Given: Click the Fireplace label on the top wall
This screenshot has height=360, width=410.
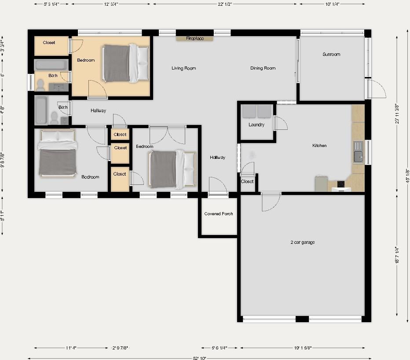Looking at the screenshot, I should pos(195,39).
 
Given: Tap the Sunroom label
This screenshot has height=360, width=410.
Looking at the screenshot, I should pos(331,55).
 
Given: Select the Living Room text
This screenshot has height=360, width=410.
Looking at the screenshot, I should pos(183,68).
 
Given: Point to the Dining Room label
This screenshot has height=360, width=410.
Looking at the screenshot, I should pos(263,68).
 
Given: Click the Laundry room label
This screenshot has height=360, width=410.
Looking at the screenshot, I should pos(256,125).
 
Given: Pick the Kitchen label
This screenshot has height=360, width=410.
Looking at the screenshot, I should pos(319,146).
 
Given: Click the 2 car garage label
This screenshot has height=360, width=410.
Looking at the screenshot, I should pos(302,242).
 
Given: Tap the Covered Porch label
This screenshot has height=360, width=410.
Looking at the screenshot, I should pos(219,214).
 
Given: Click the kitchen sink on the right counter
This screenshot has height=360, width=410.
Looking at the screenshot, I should pos(358,155).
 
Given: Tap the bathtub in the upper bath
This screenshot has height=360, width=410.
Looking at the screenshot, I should pos(51,65).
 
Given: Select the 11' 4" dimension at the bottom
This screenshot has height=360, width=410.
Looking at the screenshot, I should pos(71,348).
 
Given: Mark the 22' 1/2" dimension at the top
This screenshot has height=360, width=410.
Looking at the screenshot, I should pos(224,4).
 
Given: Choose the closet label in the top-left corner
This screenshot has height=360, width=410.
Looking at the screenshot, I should pos(49,43).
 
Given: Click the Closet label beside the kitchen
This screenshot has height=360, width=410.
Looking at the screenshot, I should pos(247,181).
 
